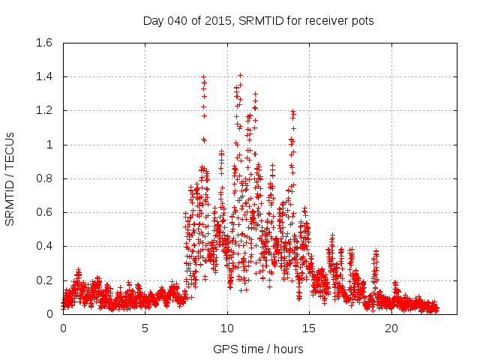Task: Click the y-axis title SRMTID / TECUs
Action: pos(10,178)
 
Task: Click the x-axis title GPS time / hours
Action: pos(258,349)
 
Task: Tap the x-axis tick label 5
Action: pos(145,328)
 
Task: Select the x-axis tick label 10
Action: pos(227,328)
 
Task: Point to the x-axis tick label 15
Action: pos(310,328)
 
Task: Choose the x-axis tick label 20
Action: pos(391,328)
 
